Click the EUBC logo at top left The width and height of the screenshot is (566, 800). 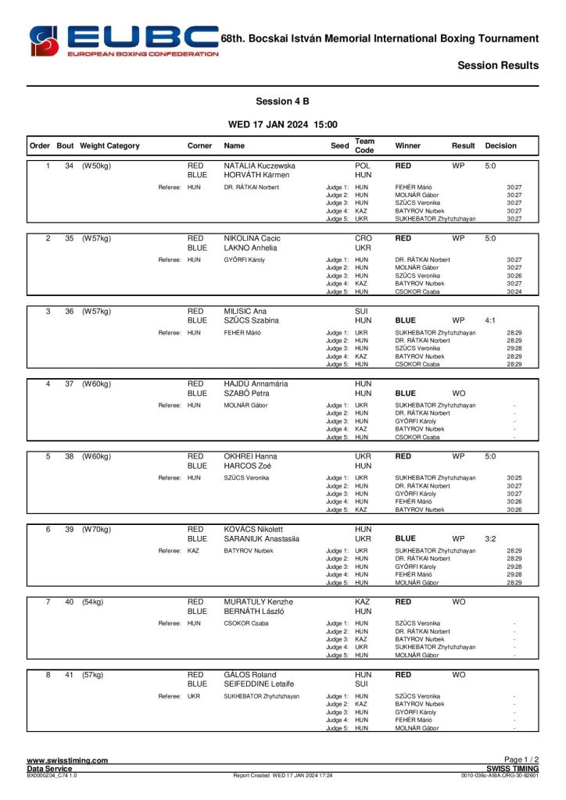[124, 41]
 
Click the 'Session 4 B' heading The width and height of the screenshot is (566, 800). [282, 102]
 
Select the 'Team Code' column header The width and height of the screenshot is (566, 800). [364, 145]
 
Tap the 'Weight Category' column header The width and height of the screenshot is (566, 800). [110, 145]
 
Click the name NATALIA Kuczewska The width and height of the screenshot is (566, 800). [260, 166]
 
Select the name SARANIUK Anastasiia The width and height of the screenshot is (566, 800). [262, 538]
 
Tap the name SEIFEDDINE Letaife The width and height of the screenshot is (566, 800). [260, 684]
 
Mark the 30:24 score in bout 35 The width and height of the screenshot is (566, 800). [514, 292]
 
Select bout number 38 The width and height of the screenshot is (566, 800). [69, 456]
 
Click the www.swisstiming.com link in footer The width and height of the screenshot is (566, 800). [67, 760]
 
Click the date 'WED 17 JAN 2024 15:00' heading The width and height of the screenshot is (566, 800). [282, 124]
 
